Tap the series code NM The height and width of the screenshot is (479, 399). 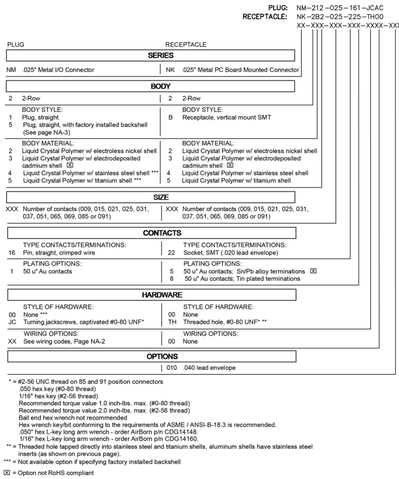coord(11,70)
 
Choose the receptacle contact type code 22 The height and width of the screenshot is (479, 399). coord(171,254)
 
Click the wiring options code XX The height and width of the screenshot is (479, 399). coord(11,342)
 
